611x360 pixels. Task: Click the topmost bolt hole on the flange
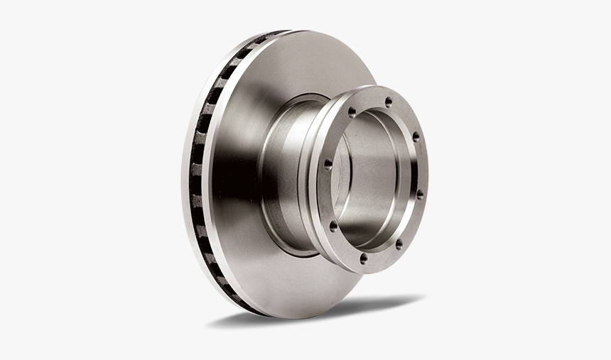click(x=388, y=102)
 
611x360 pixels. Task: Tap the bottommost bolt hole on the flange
click(x=364, y=258)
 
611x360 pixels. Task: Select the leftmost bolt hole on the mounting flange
click(x=328, y=165)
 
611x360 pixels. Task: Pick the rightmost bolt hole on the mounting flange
click(x=419, y=193)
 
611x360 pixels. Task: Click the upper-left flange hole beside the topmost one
click(x=352, y=112)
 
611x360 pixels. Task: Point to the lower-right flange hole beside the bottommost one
click(x=399, y=244)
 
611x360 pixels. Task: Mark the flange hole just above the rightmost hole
click(x=416, y=136)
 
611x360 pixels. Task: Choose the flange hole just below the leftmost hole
click(x=332, y=227)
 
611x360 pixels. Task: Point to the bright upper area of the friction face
click(x=298, y=64)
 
